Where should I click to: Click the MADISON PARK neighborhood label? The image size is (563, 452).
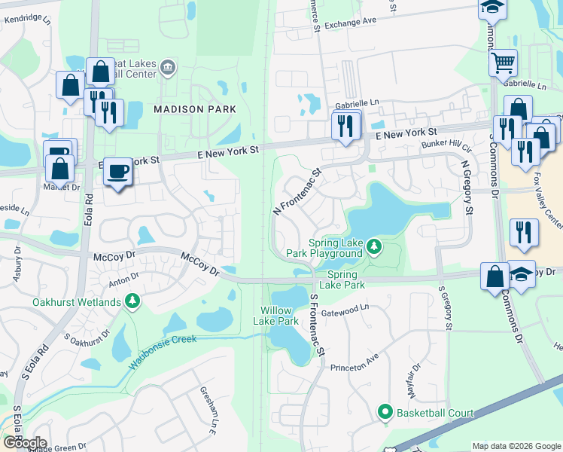click(195, 109)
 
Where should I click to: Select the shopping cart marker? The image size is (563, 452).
click(503, 63)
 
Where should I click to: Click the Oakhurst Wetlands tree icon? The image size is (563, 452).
click(133, 303)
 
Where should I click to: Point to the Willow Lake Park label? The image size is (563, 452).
click(280, 316)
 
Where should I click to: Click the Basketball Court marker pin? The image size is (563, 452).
click(385, 412)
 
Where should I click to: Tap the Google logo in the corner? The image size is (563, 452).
click(24, 443)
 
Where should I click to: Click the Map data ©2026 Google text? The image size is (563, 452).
click(516, 446)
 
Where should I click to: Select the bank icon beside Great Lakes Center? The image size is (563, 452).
click(167, 69)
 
